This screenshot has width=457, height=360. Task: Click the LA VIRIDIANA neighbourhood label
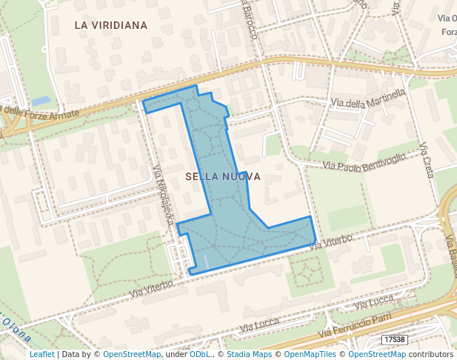[111, 25]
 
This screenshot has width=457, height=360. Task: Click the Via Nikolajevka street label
[163, 195]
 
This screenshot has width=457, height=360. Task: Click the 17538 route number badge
[395, 339]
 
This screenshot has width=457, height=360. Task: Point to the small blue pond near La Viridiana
[41, 101]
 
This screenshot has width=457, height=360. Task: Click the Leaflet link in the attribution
[41, 354]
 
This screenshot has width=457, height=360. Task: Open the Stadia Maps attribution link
[249, 354]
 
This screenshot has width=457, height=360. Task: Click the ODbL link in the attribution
[200, 354]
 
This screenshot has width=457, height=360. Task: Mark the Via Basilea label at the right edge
[450, 252]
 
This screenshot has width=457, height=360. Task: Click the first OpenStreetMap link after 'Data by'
[131, 354]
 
